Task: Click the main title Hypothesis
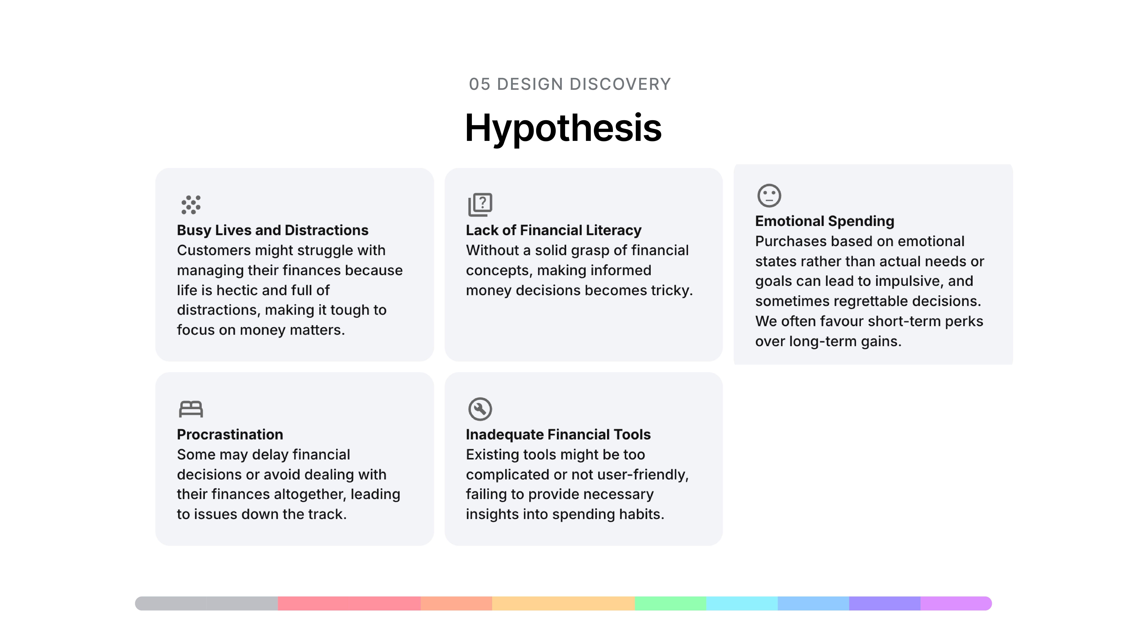[563, 128]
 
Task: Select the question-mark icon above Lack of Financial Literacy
[480, 204]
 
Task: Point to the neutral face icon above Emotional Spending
[769, 195]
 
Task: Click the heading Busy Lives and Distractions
[273, 230]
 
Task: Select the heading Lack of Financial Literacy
[553, 230]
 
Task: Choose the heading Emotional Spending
[825, 221]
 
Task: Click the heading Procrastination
[230, 435]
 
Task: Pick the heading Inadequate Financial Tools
[558, 435]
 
